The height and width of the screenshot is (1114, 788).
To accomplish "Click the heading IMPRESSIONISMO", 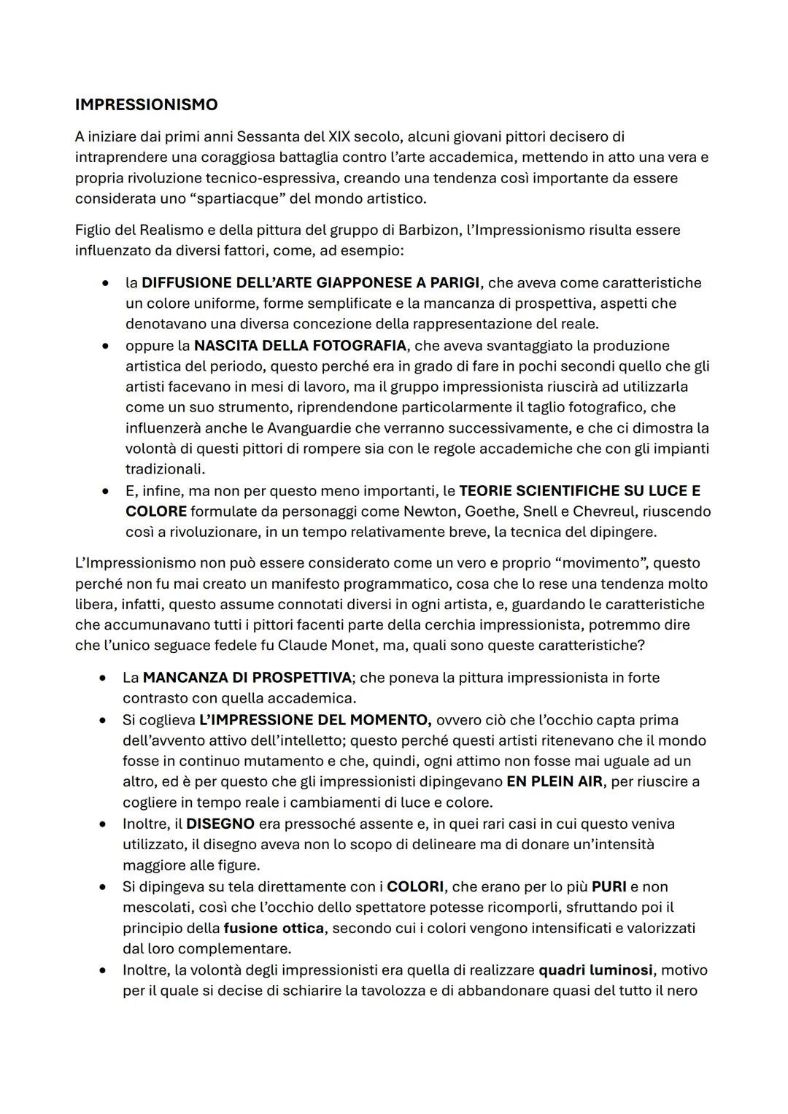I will [x=146, y=104].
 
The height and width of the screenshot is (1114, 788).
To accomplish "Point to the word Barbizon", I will [x=428, y=230].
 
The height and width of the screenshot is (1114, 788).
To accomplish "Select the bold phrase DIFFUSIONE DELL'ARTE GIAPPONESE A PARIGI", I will [x=311, y=282].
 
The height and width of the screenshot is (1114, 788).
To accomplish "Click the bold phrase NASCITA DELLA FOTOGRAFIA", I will [x=301, y=345].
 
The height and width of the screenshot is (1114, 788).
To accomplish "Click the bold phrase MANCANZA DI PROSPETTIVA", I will [x=247, y=678].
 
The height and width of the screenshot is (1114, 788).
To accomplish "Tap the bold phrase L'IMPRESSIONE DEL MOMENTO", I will [x=315, y=720].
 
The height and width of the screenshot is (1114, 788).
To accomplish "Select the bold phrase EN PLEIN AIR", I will [x=555, y=781].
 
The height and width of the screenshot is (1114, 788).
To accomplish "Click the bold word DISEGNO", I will [x=220, y=824].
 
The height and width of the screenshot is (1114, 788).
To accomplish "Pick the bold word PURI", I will [x=609, y=886].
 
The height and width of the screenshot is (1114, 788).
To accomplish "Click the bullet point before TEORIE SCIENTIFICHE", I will [x=107, y=491].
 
